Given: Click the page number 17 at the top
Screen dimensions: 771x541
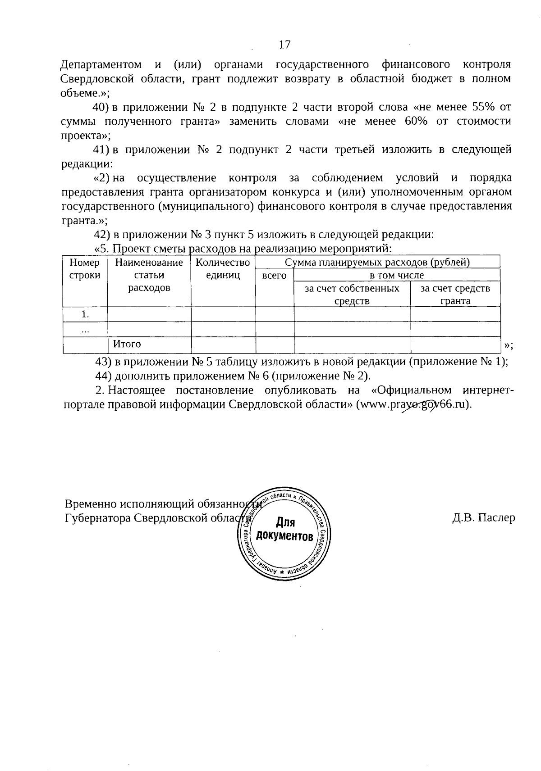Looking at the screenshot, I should pyautogui.click(x=284, y=44).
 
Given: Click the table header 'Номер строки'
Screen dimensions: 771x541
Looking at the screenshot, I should pyautogui.click(x=85, y=269).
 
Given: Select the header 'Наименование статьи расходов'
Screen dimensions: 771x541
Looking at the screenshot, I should pyautogui.click(x=149, y=275).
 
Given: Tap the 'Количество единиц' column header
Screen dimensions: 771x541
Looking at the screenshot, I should pyautogui.click(x=223, y=269).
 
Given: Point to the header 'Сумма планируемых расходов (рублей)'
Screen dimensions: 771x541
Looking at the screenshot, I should pyautogui.click(x=377, y=262).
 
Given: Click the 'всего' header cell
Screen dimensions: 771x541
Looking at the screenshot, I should pyautogui.click(x=274, y=275).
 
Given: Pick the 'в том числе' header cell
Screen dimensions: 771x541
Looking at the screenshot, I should pyautogui.click(x=397, y=275).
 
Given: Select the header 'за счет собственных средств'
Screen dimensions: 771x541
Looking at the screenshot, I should pyautogui.click(x=352, y=295).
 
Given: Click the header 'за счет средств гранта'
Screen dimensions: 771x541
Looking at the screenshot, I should pyautogui.click(x=455, y=295).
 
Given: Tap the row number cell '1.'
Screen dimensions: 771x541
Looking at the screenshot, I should pyautogui.click(x=85, y=314).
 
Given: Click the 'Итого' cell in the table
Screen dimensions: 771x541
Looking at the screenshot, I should pyautogui.click(x=127, y=344).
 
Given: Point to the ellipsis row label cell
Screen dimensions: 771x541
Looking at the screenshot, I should pyautogui.click(x=85, y=330).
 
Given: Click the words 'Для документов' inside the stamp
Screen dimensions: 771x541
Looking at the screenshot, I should pyautogui.click(x=284, y=530).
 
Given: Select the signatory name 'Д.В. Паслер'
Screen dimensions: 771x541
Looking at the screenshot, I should pyautogui.click(x=483, y=518).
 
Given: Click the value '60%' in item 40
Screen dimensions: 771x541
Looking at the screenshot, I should pyautogui.click(x=416, y=122).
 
